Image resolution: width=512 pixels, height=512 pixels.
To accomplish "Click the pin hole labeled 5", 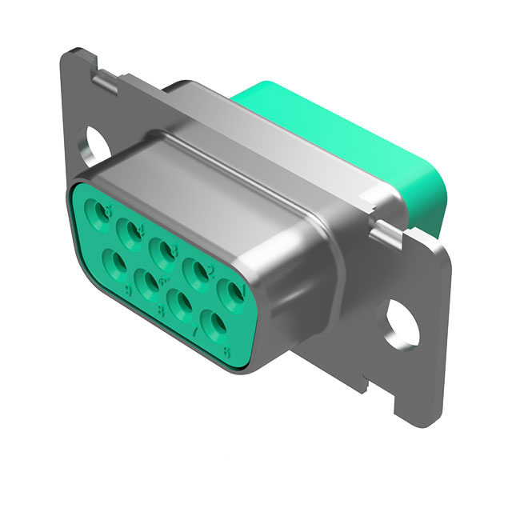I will point(102,212).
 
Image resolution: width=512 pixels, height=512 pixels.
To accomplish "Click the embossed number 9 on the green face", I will point(128,286).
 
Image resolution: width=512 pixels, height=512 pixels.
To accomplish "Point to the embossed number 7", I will point(194,330).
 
